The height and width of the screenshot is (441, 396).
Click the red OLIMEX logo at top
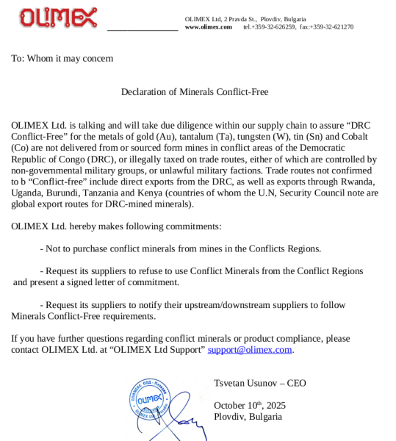[58, 18]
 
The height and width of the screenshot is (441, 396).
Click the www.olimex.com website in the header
[208, 27]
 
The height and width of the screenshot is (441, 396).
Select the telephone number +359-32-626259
[275, 27]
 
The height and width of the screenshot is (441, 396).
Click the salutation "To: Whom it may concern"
[62, 58]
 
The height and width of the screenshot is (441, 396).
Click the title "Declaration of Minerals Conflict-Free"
[195, 92]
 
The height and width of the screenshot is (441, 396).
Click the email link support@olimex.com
[250, 350]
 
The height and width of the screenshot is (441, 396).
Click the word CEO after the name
[296, 383]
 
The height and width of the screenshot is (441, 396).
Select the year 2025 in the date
[276, 406]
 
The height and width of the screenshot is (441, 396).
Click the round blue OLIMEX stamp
[150, 401]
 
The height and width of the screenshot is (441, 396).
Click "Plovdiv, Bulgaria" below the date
[248, 417]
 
